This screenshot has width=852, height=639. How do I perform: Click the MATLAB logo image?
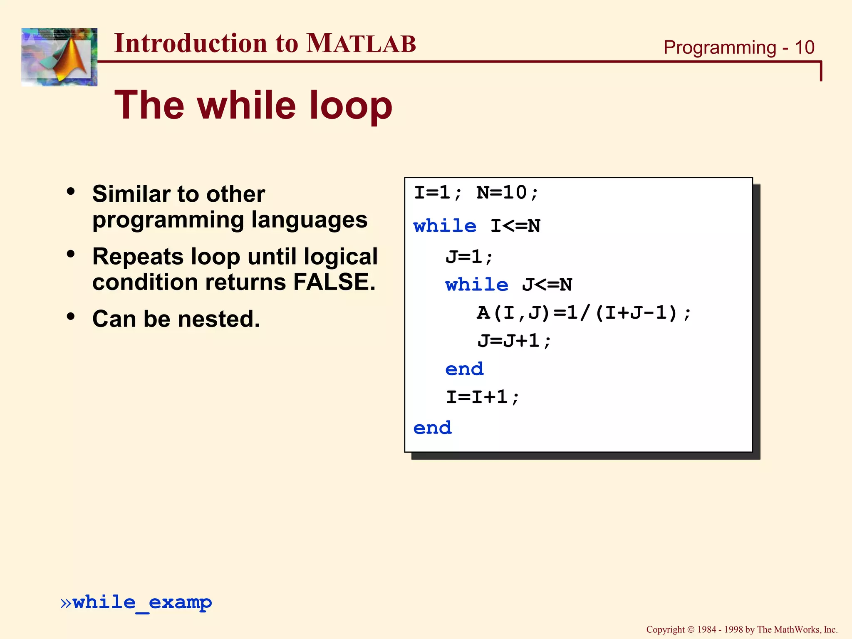59,57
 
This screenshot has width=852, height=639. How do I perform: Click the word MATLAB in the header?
361,43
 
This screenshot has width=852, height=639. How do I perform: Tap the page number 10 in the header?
804,47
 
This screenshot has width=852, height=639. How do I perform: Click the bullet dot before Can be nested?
71,316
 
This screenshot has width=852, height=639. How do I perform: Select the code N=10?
508,193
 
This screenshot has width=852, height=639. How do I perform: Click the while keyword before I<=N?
445,226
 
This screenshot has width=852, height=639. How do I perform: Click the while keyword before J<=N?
476,285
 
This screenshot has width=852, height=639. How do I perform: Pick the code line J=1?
469,257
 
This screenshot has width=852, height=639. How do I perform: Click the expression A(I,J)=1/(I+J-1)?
584,313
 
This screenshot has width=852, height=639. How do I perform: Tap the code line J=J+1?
514,341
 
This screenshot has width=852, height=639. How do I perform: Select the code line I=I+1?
483,397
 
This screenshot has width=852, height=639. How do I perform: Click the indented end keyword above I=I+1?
464,369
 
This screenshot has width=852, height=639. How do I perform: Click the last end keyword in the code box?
432,428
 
